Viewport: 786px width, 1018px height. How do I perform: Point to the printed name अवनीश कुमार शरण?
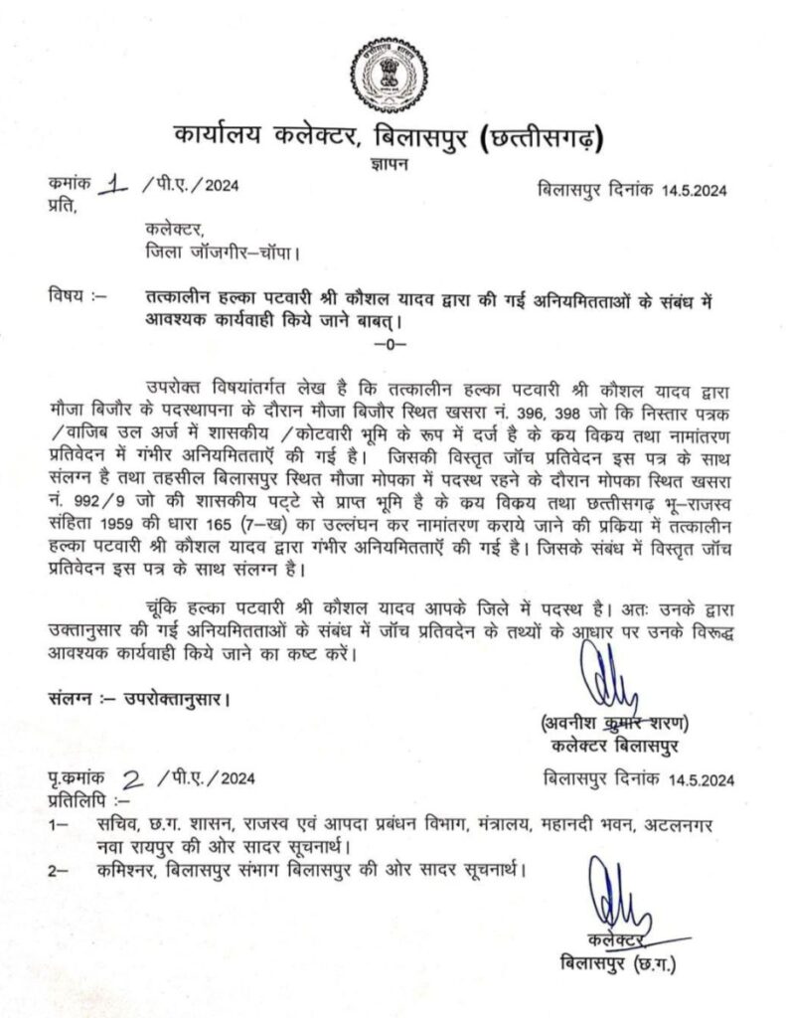[611, 721]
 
